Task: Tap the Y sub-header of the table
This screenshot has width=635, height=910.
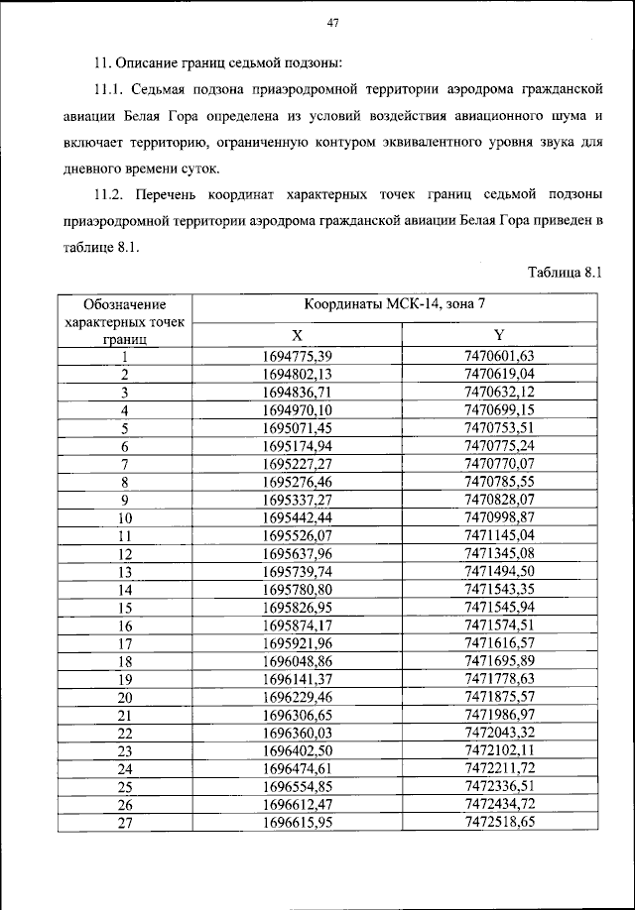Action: point(499,335)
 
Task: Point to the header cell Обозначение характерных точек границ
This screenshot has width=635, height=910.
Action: point(125,320)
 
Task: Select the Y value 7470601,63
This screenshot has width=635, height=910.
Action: point(499,357)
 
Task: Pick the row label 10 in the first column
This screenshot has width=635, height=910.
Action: point(125,517)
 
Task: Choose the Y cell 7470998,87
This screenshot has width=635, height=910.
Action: point(499,517)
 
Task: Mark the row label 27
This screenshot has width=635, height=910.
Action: point(125,823)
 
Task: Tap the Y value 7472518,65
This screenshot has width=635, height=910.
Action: point(499,823)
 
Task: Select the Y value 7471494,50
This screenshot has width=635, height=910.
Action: point(499,572)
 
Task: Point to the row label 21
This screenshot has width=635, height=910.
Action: point(125,715)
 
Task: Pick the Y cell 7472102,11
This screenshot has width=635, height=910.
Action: point(499,750)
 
